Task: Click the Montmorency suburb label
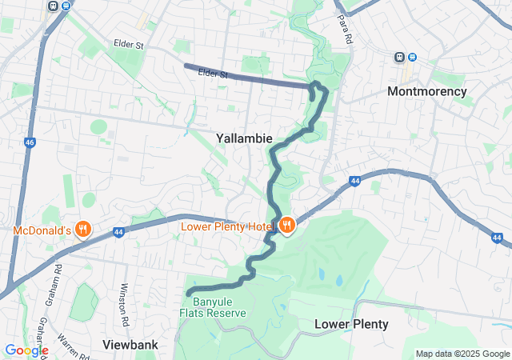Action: coord(426,91)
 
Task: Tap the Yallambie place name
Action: coord(244,138)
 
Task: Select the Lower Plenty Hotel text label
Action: coord(228,227)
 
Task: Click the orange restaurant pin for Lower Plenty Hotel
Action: coord(286,226)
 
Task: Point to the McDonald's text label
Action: coord(42,231)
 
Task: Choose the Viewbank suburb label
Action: coord(130,345)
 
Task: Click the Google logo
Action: coord(26,350)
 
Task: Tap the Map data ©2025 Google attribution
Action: coord(462,354)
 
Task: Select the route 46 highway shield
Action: coord(30,142)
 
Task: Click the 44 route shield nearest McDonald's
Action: coord(118,233)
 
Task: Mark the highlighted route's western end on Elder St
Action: coord(186,66)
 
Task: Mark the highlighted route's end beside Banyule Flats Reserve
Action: coord(189,294)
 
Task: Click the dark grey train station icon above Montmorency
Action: coord(398,57)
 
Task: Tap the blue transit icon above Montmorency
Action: coord(412,57)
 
